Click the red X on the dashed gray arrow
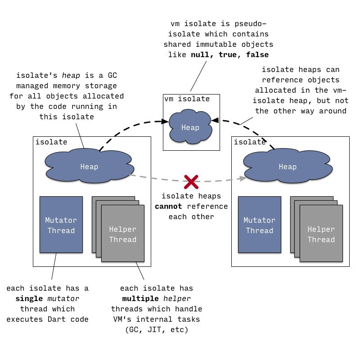point(191,182)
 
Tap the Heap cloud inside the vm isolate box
point(190,127)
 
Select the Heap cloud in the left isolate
point(89,166)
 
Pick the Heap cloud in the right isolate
point(288,166)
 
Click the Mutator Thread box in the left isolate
point(61,225)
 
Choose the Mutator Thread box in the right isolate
point(260,225)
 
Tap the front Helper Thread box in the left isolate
point(123,233)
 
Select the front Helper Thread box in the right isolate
point(321,233)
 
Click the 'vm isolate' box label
point(187,99)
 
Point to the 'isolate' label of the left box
point(51,142)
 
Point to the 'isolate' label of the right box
point(250,142)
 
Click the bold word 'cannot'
point(168,206)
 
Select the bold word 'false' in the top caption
point(257,54)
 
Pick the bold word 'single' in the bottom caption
point(29,298)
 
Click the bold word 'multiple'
point(140,298)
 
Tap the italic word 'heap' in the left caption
point(71,76)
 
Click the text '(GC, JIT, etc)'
point(157,330)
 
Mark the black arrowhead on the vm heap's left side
point(165,121)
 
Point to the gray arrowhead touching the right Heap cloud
point(243,178)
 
